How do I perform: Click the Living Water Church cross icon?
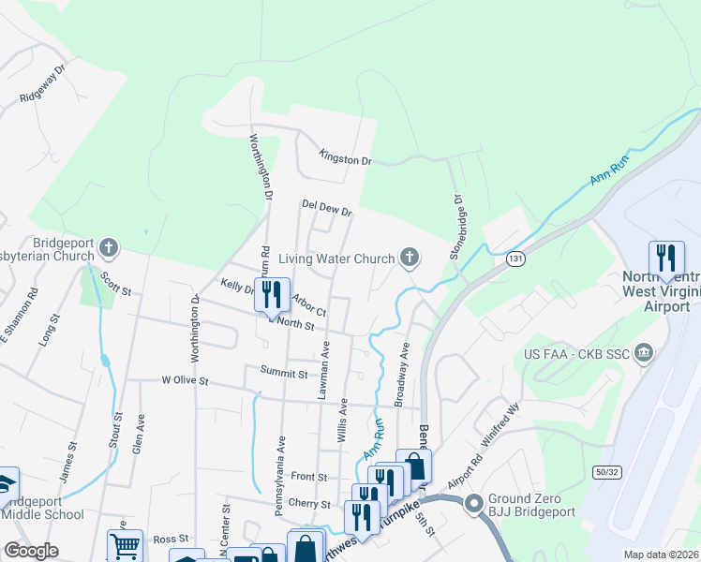pos(409,257)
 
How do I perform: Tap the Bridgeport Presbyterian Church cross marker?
pos(109,248)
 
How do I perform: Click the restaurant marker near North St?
pos(272,295)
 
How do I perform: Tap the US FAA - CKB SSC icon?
pos(643,352)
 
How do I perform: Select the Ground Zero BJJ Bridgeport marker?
pos(473,503)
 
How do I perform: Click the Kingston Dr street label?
pos(345,159)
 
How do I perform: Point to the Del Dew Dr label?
pos(326,208)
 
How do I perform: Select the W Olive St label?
pos(184,381)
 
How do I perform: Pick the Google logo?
pos(31,551)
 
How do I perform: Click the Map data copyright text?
pos(662,554)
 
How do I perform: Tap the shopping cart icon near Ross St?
pos(125,546)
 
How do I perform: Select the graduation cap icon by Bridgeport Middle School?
pos(6,484)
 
